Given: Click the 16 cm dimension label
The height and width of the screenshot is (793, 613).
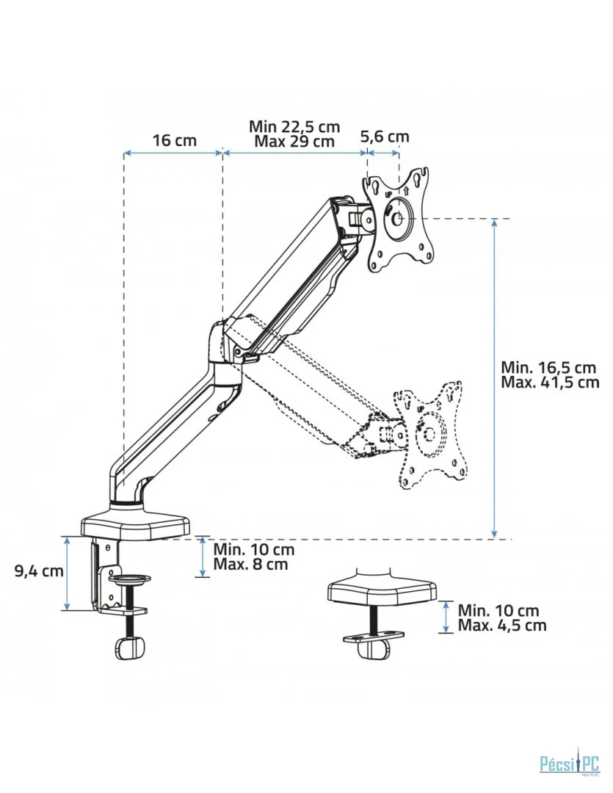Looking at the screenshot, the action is point(175,140).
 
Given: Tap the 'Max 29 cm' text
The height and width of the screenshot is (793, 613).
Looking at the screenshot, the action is point(294,140).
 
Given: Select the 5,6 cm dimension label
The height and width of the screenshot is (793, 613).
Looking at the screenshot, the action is point(385,136).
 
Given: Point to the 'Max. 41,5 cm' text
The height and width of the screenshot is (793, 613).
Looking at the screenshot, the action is point(550,382).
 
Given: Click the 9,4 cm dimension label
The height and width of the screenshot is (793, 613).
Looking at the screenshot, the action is point(39,571).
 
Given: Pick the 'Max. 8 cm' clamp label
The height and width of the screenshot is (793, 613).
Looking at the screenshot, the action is point(250,564).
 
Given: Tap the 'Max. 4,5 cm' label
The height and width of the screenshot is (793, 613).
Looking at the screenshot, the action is point(502,625).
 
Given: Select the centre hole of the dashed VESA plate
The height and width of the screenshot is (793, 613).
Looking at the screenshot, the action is point(429,433).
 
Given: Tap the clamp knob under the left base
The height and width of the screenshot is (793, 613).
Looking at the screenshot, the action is point(130,648).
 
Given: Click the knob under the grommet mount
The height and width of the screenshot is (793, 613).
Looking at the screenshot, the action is point(373,649).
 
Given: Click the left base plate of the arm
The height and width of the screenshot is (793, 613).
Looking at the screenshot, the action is point(136,525).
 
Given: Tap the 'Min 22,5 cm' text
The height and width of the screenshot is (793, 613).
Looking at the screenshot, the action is point(294,126).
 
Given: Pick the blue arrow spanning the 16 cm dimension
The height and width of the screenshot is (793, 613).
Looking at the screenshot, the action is point(173,152).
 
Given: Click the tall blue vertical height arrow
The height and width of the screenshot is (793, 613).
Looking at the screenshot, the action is point(495,378).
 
